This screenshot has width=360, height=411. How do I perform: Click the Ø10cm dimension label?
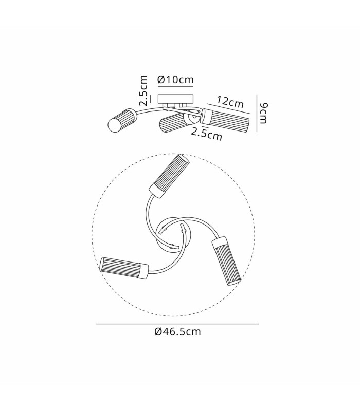pos(175,80)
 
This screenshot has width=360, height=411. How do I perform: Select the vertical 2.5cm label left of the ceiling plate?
pos(143,91)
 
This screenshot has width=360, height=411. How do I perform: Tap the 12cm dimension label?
pos(230,102)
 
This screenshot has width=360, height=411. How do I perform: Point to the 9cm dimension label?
pos(263,113)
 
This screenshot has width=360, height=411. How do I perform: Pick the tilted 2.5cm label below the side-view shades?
pos(207,134)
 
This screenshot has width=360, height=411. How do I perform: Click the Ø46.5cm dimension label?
pos(177,332)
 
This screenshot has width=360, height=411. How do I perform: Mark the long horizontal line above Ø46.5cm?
pos(177,324)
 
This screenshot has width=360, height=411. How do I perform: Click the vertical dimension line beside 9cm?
pos(257,113)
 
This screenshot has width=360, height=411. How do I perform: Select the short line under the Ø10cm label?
pos(175,86)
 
